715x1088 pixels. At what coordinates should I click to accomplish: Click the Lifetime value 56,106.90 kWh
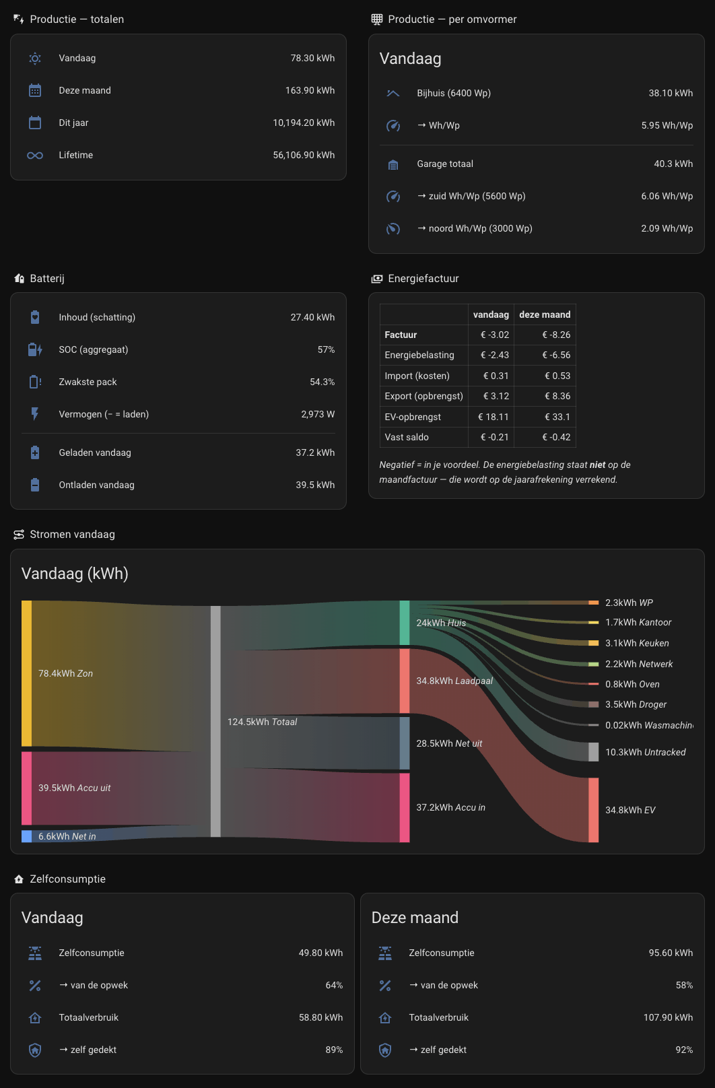[304, 155]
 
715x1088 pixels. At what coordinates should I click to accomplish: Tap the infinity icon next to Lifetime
[35, 156]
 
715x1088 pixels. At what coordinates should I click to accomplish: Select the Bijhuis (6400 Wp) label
[454, 93]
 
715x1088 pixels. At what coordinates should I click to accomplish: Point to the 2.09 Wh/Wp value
[667, 228]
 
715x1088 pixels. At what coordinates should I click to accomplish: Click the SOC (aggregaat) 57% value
[326, 349]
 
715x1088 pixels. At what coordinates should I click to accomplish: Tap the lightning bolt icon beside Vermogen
[35, 414]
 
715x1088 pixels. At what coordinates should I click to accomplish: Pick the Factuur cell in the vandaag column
[495, 335]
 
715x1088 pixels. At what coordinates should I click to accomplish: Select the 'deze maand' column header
[545, 314]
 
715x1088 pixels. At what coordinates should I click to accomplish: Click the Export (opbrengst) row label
[423, 396]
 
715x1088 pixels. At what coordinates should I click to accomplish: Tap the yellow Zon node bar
[26, 673]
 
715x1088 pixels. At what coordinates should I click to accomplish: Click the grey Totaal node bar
[215, 721]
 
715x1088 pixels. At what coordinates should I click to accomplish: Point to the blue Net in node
[26, 836]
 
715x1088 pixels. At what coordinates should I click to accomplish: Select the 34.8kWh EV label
[630, 810]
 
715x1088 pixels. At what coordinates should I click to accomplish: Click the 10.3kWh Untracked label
[646, 752]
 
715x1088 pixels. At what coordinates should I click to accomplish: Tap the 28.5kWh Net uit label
[449, 743]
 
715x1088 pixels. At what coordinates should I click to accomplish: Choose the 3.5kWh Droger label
[636, 704]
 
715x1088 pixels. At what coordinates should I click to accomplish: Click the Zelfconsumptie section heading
[67, 879]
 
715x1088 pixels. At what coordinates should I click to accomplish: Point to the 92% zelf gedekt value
[684, 1050]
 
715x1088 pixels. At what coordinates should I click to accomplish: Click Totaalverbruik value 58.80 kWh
[320, 1017]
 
